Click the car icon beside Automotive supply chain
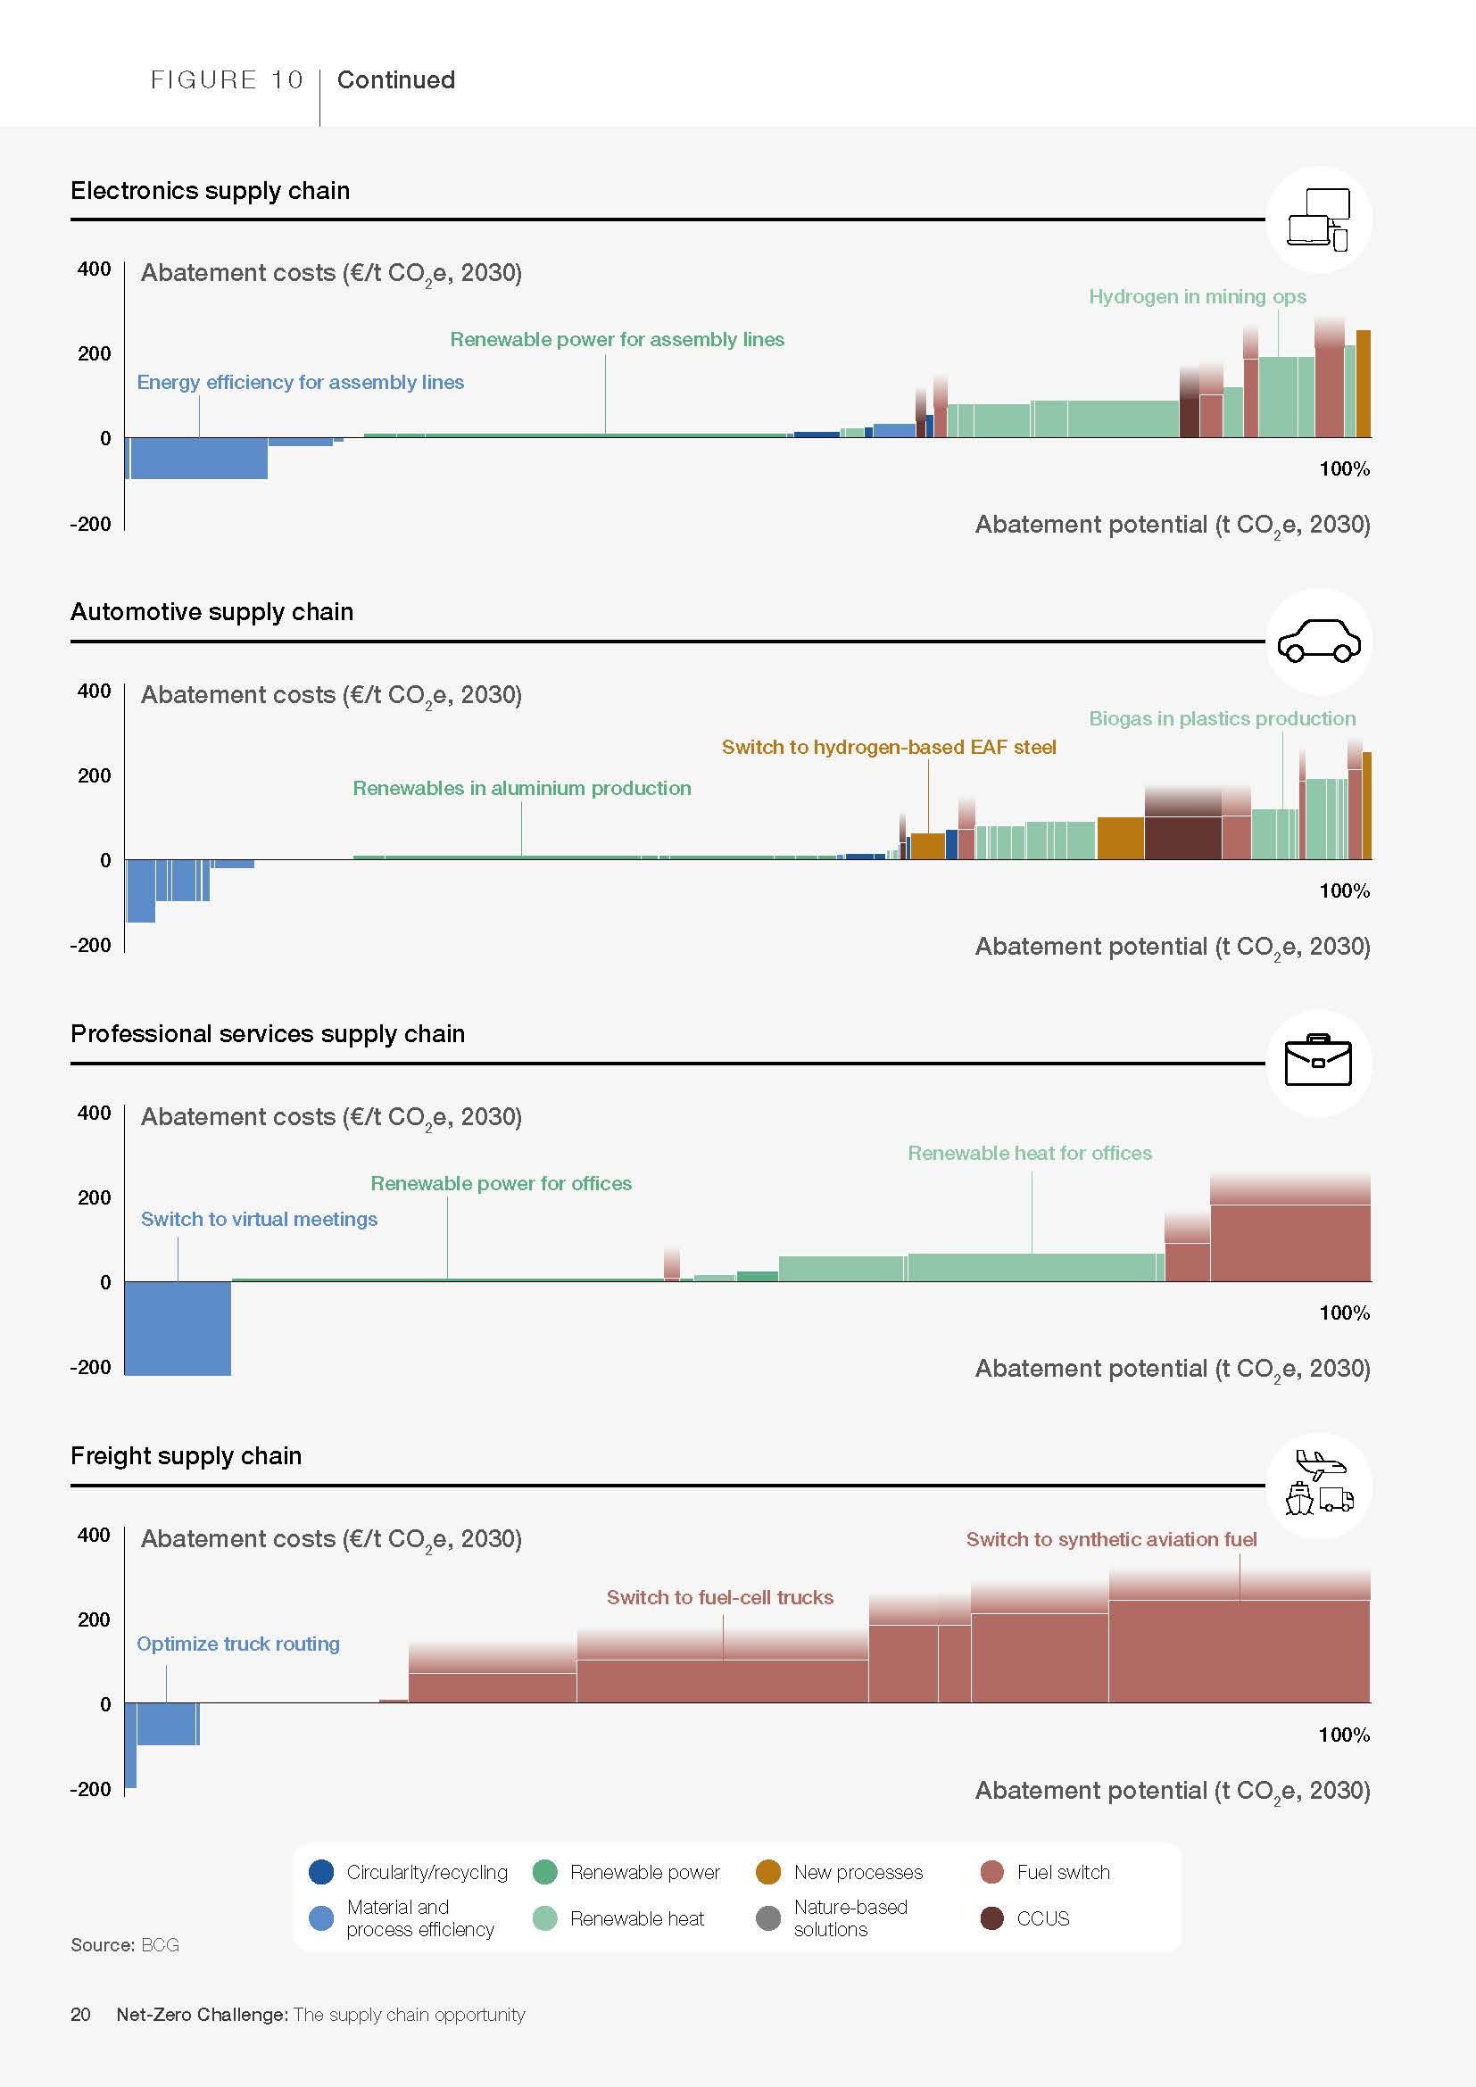(x=1318, y=642)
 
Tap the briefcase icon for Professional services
(x=1318, y=1062)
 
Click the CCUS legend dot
(x=991, y=1918)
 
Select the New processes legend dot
(x=768, y=1872)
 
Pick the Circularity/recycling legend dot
(x=321, y=1872)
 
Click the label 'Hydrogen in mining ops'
(x=1197, y=296)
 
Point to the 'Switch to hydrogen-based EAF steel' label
(x=888, y=747)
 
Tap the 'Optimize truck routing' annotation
(x=238, y=1644)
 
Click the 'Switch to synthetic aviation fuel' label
(x=1111, y=1539)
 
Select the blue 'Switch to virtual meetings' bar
(x=178, y=1327)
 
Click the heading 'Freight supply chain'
(x=187, y=1455)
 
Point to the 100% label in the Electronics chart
(x=1344, y=469)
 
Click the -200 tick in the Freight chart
(x=91, y=1789)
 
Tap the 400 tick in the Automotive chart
(x=95, y=691)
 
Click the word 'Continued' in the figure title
(x=396, y=80)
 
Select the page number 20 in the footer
(x=80, y=2015)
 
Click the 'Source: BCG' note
(x=125, y=1945)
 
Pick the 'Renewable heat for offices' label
(x=1030, y=1153)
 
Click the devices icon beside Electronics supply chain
(x=1318, y=219)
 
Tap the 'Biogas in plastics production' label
(x=1222, y=718)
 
